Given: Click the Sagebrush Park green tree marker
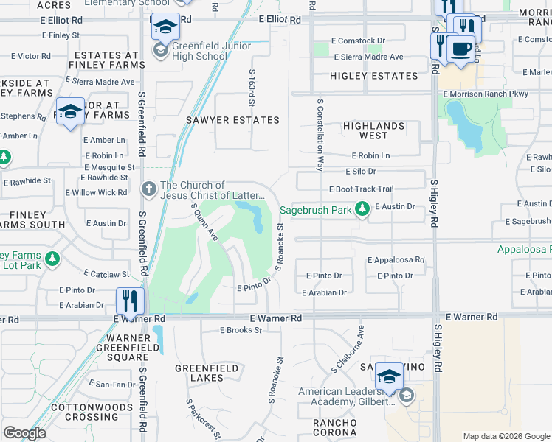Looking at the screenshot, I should coord(362,210).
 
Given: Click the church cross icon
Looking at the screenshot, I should coord(149,189).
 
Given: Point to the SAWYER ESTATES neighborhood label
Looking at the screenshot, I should coord(243,120).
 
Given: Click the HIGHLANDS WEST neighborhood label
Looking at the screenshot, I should coord(374,130).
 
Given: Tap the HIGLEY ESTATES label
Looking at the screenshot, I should coord(374,76).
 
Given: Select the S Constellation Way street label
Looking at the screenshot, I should coord(320,136).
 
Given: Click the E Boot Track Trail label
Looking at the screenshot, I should coord(362,189).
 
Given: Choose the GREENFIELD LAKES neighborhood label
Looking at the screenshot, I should coord(207,373).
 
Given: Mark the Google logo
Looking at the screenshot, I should coord(24,433).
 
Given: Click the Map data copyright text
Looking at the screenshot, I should coord(506,436).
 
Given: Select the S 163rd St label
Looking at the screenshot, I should coord(252,85).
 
